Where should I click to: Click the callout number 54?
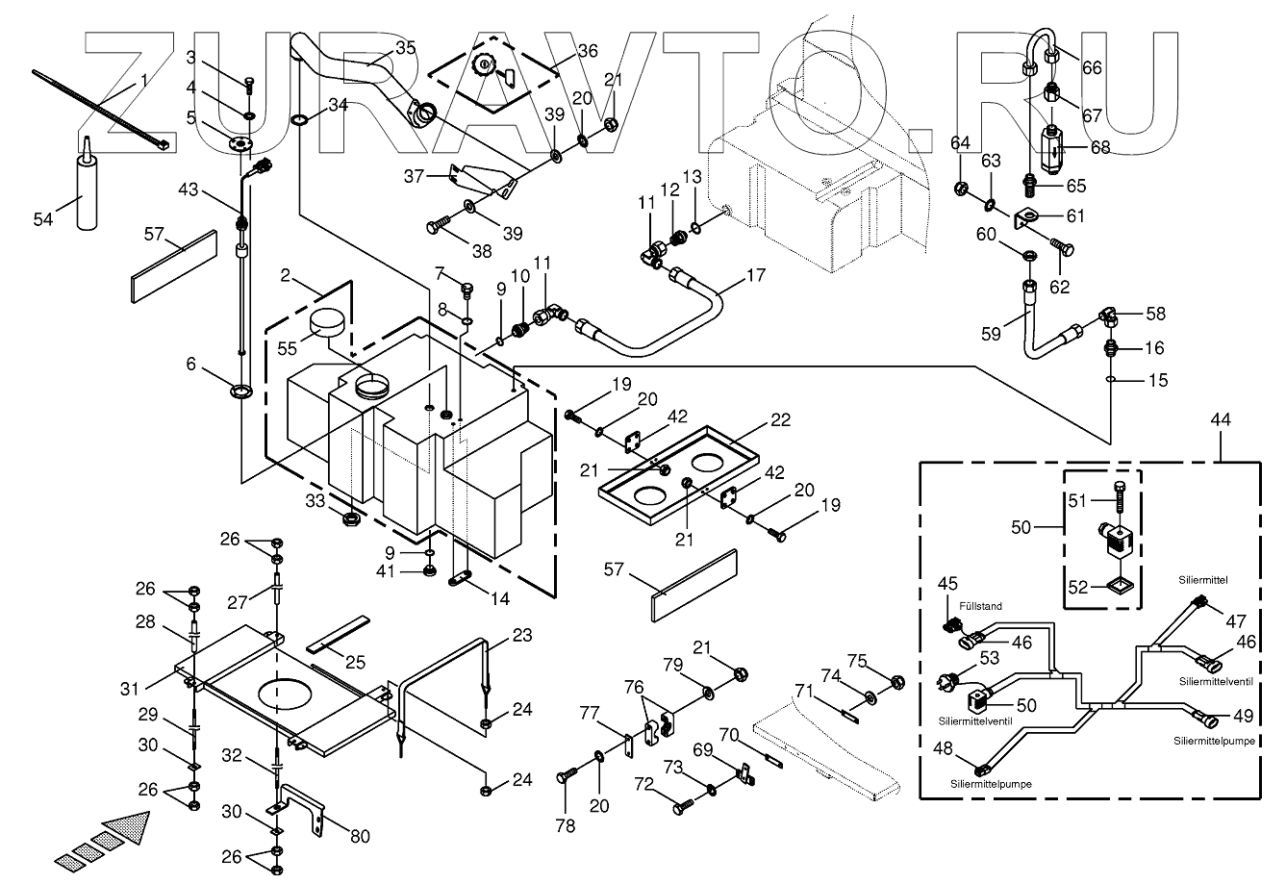click(x=43, y=219)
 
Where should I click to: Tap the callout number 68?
click(x=1100, y=147)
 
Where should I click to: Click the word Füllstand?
click(x=980, y=606)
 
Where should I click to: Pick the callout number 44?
click(x=1221, y=419)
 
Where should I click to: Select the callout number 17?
click(x=756, y=275)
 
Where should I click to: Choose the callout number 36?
click(x=588, y=51)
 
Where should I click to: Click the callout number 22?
click(x=780, y=419)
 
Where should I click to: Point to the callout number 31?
click(x=129, y=689)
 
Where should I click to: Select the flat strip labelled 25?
click(x=337, y=635)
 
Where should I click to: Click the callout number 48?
click(x=943, y=748)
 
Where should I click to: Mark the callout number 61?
click(x=1075, y=215)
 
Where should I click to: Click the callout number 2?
click(x=286, y=275)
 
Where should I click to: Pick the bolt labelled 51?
click(x=1119, y=497)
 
